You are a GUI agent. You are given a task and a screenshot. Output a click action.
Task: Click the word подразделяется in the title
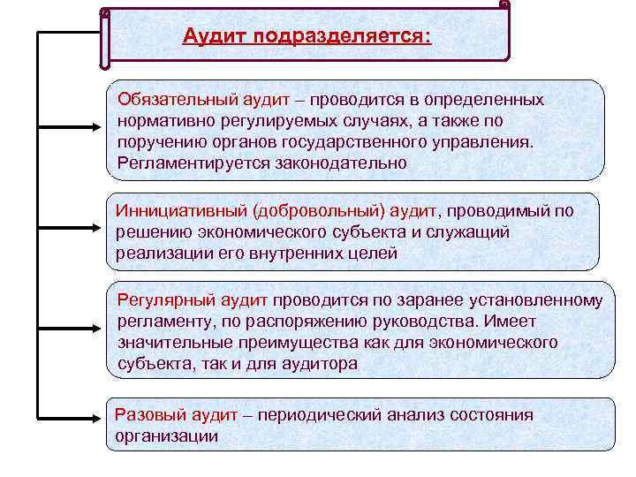coord(342,38)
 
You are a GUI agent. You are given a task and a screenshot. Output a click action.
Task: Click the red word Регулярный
coord(164,300)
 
